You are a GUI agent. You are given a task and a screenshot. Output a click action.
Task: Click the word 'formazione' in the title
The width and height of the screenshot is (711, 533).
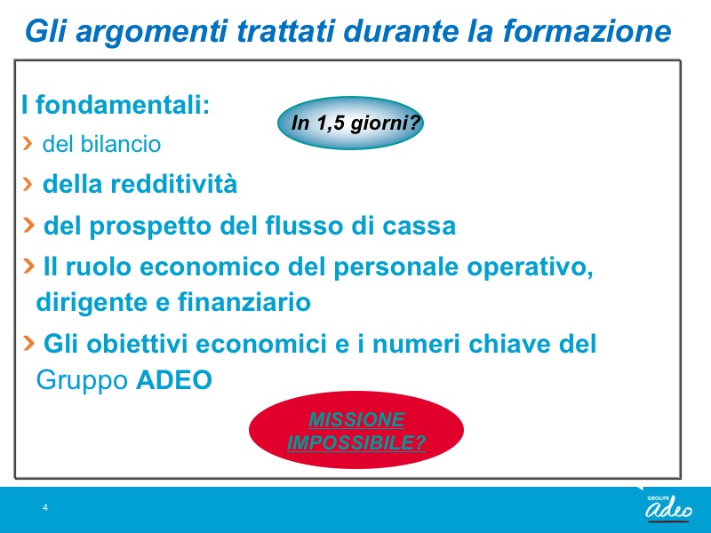587,31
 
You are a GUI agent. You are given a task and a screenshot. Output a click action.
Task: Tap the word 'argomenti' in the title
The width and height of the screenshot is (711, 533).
151,33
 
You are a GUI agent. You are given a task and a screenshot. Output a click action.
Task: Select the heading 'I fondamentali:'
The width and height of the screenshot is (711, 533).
116,105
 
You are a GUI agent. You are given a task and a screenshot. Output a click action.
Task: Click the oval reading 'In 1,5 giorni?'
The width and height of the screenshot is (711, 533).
350,123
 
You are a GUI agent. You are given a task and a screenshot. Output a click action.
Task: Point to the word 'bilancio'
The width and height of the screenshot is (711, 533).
121,144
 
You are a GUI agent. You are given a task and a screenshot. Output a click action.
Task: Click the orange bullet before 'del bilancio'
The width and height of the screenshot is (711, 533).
28,143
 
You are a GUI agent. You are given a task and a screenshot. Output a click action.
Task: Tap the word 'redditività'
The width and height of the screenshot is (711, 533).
173,184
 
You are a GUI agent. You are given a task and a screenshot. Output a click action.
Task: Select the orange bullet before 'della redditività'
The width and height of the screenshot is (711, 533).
28,184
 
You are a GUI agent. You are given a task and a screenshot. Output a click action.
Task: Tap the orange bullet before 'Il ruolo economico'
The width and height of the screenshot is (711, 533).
28,265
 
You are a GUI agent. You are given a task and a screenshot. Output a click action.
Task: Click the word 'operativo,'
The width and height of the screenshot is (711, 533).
530,267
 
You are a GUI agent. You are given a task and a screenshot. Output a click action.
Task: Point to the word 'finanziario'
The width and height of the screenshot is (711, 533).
244,302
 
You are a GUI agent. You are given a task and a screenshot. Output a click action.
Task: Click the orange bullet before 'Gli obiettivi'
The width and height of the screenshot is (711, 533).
28,343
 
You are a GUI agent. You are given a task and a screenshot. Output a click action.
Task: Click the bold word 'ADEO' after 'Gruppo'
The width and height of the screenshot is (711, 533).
174,380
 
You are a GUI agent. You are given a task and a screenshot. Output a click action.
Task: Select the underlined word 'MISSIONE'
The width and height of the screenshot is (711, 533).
356,419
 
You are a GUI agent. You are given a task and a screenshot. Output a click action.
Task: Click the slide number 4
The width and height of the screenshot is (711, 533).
45,507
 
